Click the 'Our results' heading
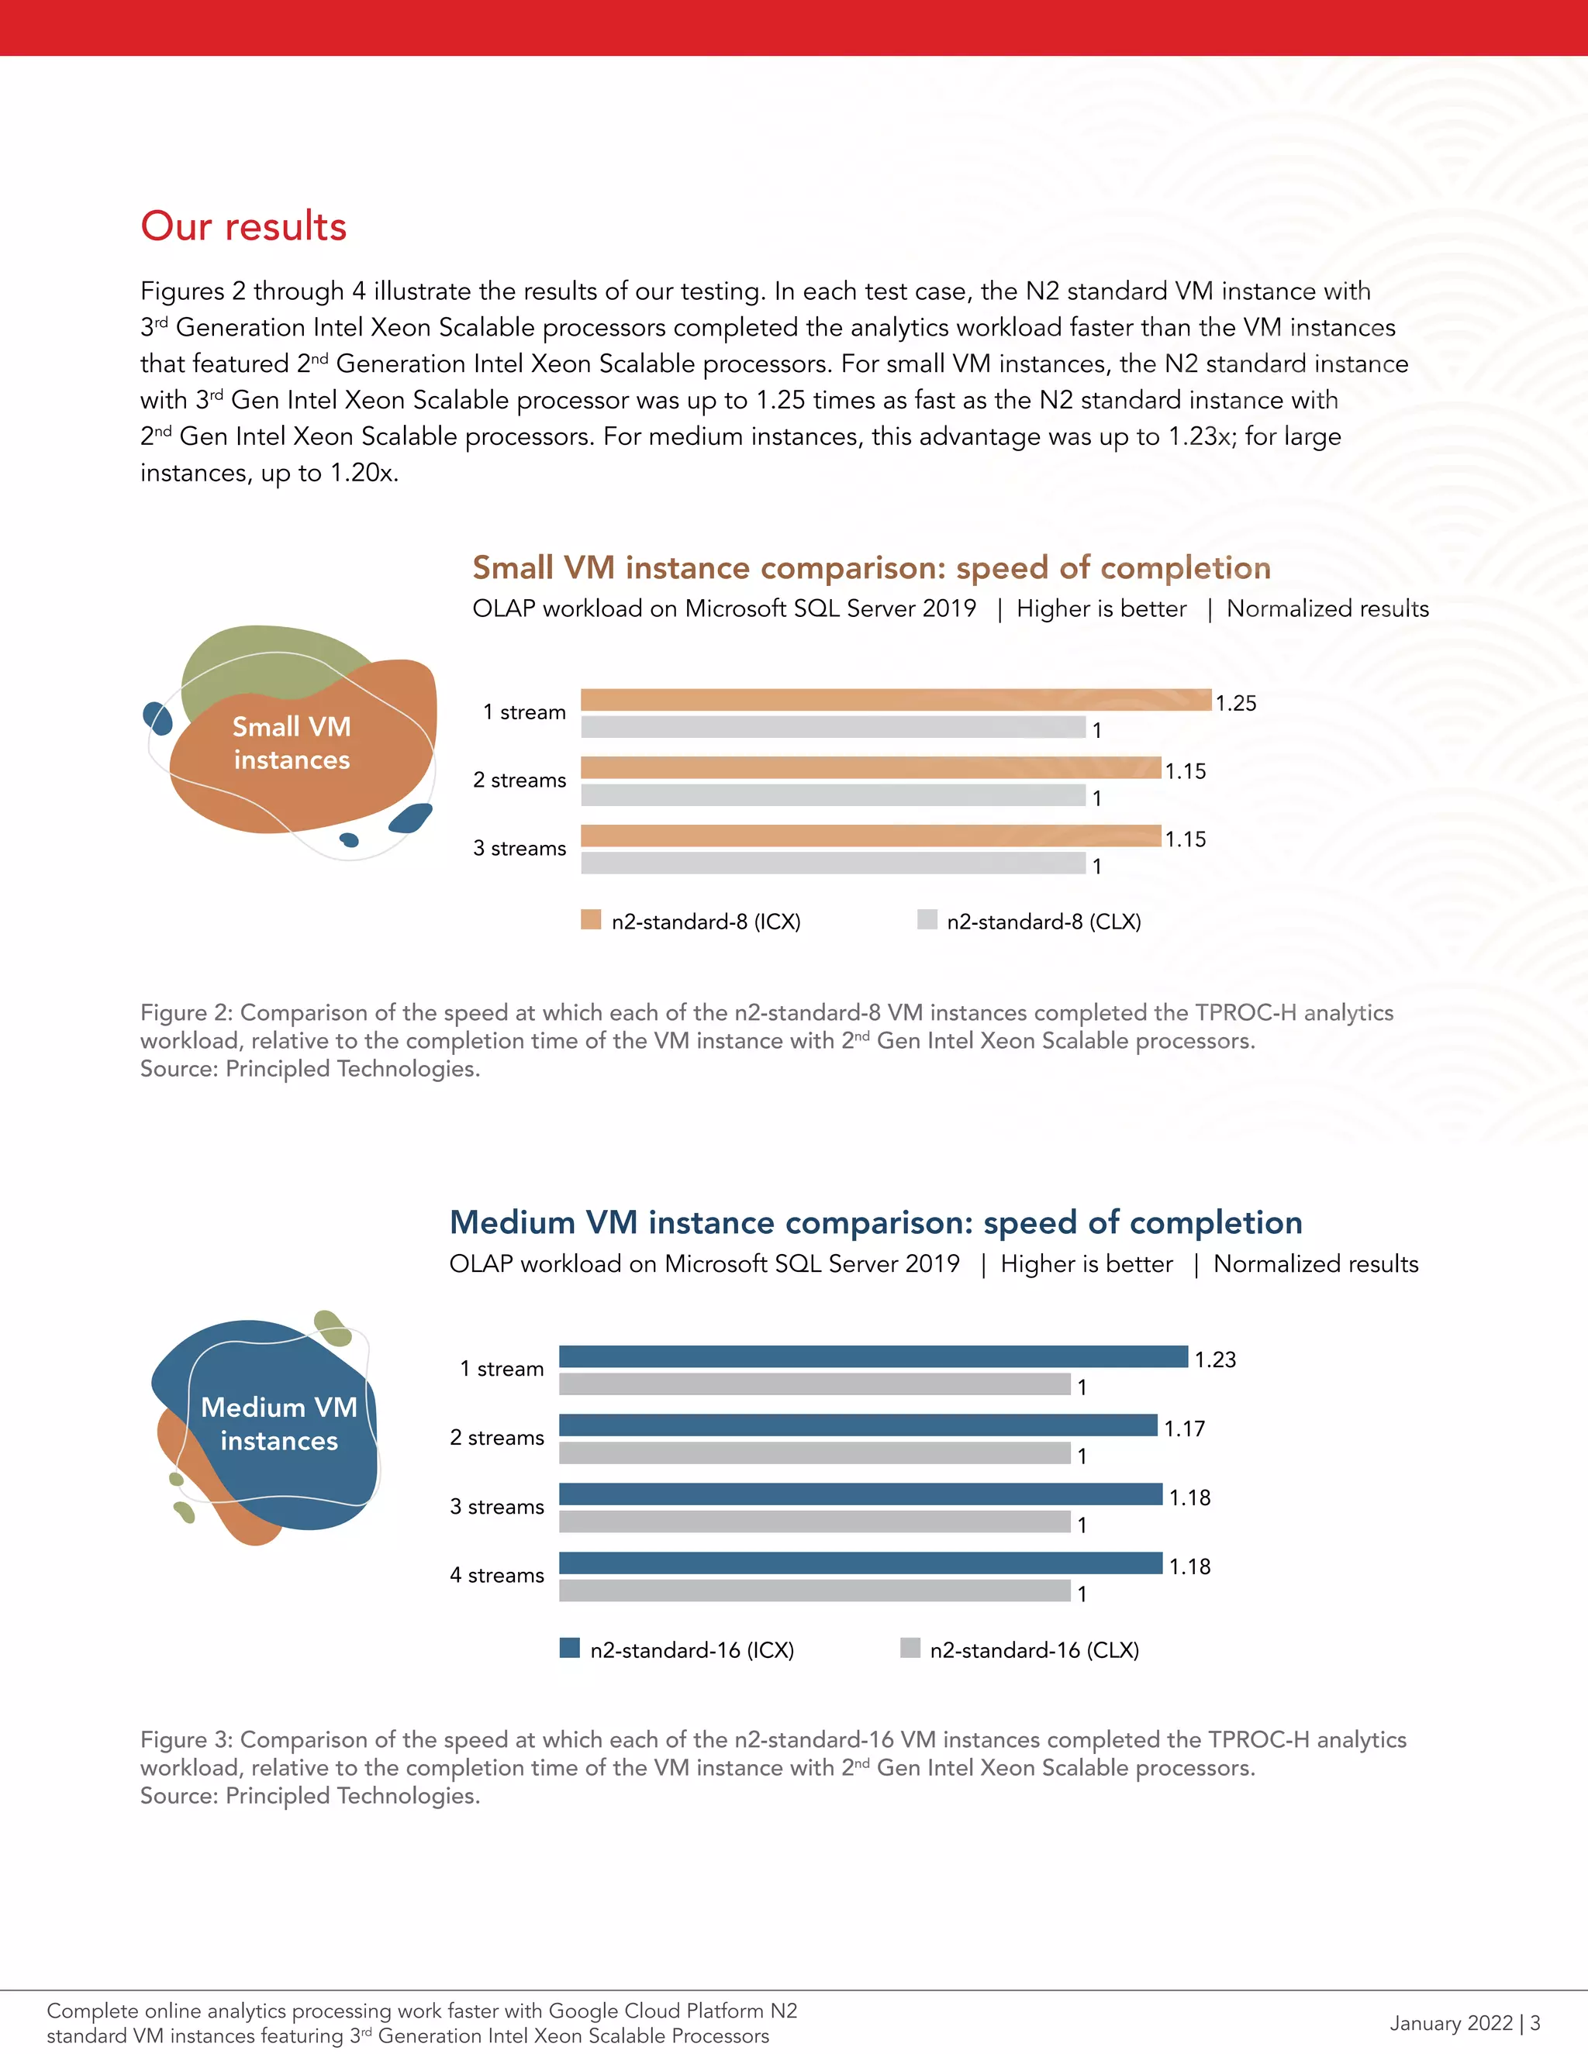click(x=243, y=226)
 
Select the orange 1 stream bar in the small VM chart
click(x=895, y=700)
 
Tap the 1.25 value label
click(x=1235, y=704)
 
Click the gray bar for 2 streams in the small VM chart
click(x=833, y=796)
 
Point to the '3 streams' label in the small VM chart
click(x=520, y=848)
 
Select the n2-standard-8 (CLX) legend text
click(x=1044, y=922)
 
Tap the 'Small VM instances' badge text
click(x=292, y=743)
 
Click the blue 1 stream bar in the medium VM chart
click(x=873, y=1356)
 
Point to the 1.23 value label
click(x=1214, y=1360)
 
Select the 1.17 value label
click(x=1185, y=1429)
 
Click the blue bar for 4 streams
click(x=860, y=1563)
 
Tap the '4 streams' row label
click(x=497, y=1575)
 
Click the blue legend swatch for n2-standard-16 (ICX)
click(x=569, y=1648)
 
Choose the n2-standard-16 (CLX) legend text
click(x=1034, y=1649)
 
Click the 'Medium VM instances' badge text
click(x=279, y=1424)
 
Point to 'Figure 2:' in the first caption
click(x=186, y=1013)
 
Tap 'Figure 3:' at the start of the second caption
click(x=186, y=1740)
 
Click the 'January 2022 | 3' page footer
click(x=1464, y=2022)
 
